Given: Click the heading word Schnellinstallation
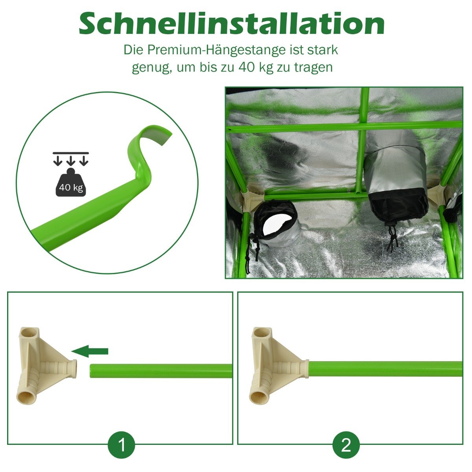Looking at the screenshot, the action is (231, 24).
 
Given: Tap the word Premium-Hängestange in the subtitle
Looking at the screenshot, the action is (216, 50).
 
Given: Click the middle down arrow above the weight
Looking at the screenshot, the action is (71, 160).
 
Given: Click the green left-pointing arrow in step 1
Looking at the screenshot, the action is (90, 351).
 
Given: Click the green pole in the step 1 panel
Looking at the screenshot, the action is (161, 371).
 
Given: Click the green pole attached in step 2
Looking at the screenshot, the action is (386, 369).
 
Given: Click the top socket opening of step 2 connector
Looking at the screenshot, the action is (261, 334).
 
